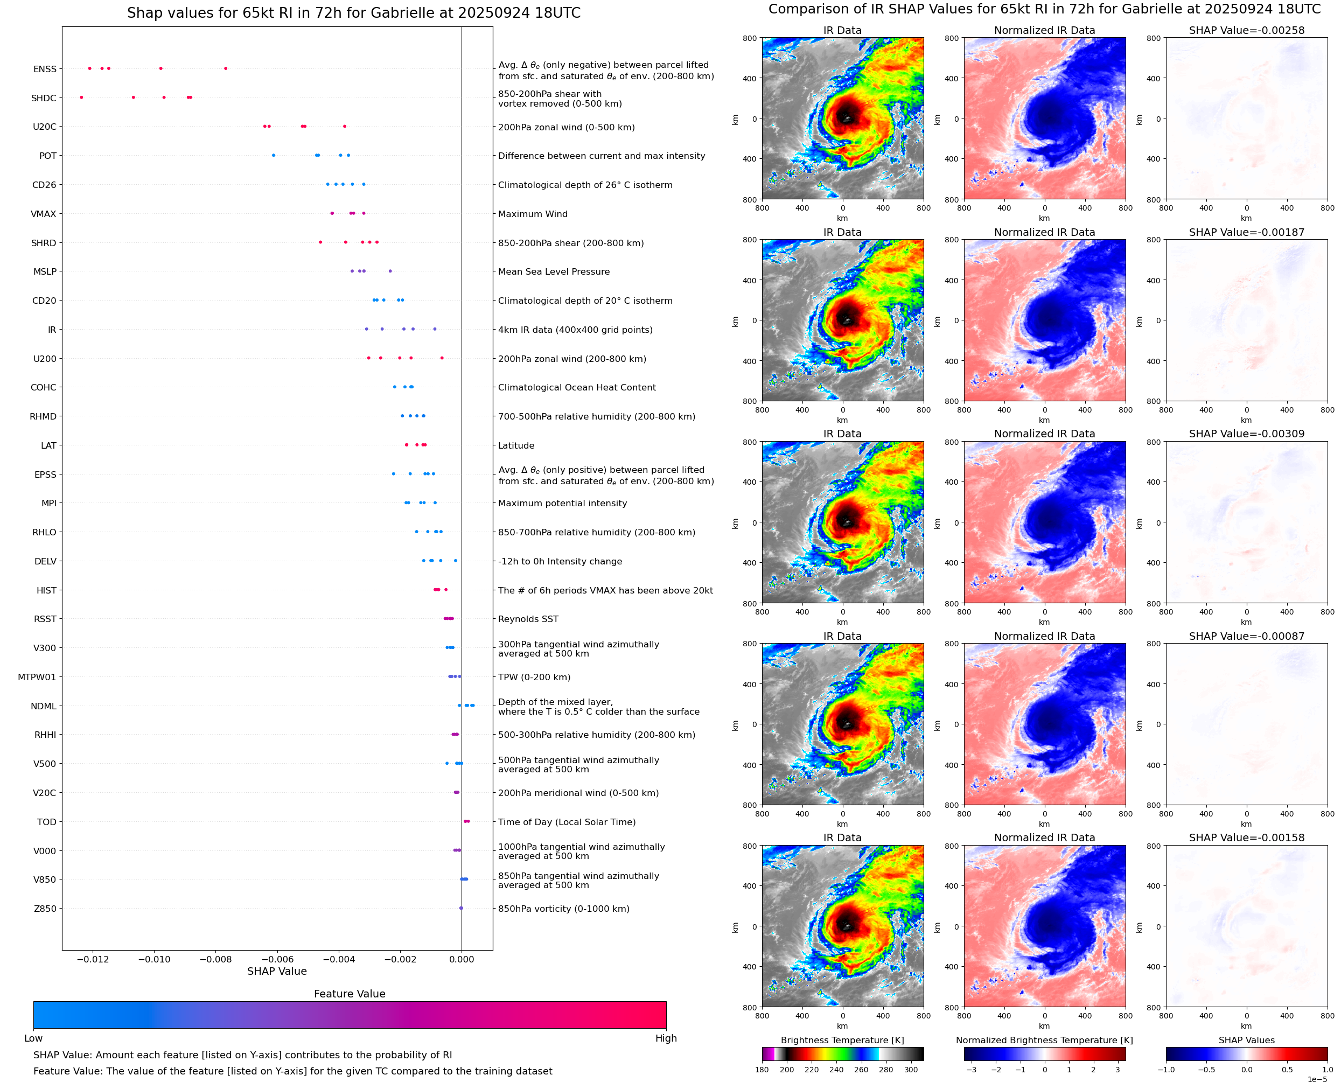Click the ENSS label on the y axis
(x=45, y=69)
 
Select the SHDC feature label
(x=44, y=98)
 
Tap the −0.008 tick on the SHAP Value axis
(x=215, y=959)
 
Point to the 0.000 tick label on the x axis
(x=461, y=959)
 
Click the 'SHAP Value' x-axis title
(x=277, y=971)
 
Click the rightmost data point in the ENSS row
(x=226, y=68)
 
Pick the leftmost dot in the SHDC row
(x=82, y=97)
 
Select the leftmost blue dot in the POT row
(x=274, y=155)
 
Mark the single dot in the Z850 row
(x=461, y=908)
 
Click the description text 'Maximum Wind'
(x=533, y=214)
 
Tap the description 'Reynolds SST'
(x=528, y=619)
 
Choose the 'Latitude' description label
(x=516, y=445)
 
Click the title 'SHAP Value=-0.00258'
(x=1246, y=31)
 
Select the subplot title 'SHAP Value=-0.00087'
(x=1246, y=637)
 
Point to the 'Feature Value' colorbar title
(x=350, y=994)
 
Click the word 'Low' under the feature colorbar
(x=33, y=1038)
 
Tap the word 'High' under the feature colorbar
(x=666, y=1038)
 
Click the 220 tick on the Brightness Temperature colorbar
(x=811, y=1070)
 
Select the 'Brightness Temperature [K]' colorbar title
(x=842, y=1040)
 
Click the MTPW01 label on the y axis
(x=37, y=677)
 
